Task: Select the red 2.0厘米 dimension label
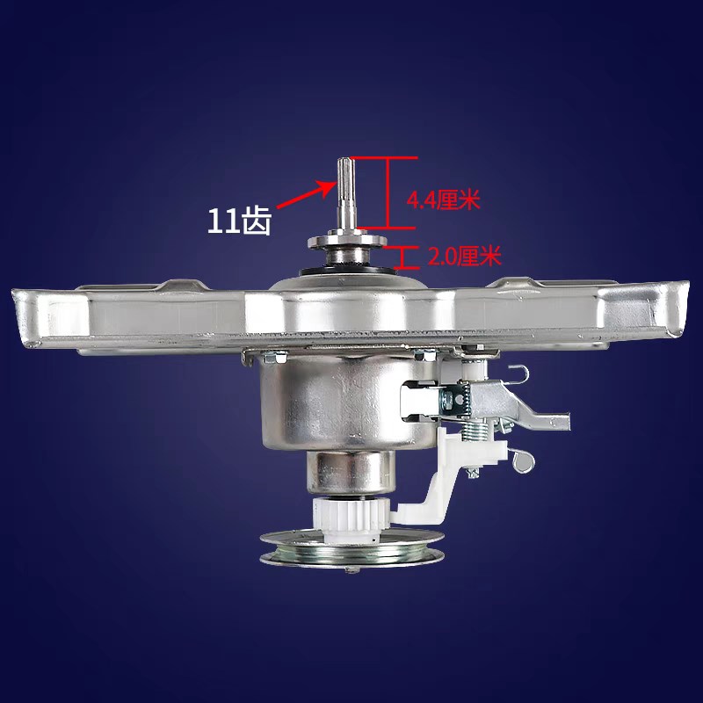[x=464, y=257]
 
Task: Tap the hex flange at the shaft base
[x=345, y=240]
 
